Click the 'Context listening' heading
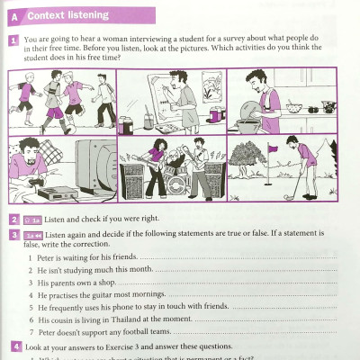tap(67, 15)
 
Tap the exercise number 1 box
tap(14, 41)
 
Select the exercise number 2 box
tap(14, 219)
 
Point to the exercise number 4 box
tap(14, 346)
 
